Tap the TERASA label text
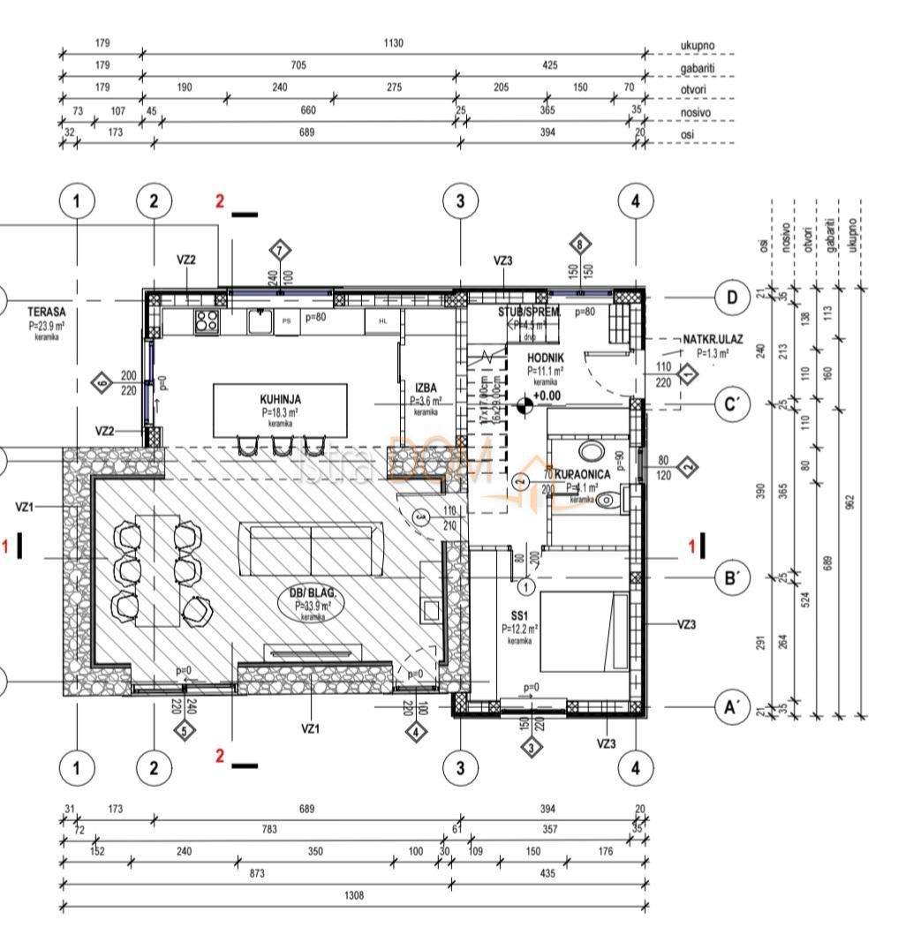pos(42,312)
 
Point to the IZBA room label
pos(426,388)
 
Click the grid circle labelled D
pos(731,298)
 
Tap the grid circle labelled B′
pos(731,578)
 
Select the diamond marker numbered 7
pos(280,251)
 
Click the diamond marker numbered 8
pos(580,245)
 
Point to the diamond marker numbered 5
pos(184,730)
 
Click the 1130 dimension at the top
pos(394,43)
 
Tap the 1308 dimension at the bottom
pos(352,895)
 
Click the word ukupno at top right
pos(698,44)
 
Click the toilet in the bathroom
pos(605,501)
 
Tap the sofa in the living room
pos(311,549)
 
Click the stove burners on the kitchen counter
pos(207,320)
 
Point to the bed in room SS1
pos(582,630)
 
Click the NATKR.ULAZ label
pos(712,339)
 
